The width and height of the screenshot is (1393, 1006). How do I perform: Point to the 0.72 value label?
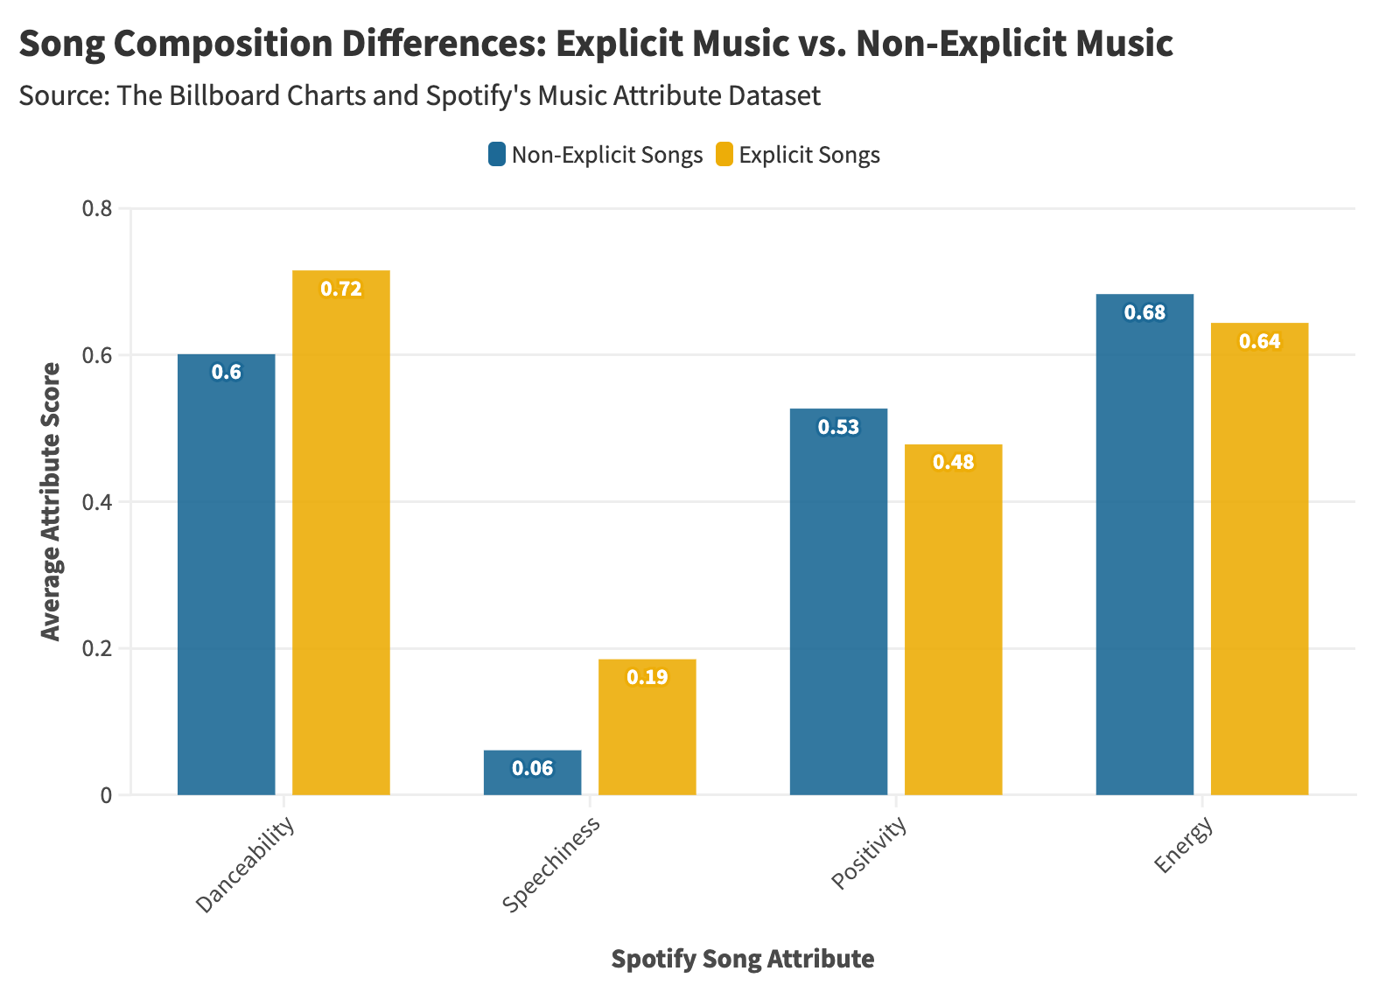340,289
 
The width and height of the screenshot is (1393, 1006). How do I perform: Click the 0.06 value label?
532,768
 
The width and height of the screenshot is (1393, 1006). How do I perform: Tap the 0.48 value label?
953,462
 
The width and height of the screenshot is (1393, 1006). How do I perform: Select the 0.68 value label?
1144,312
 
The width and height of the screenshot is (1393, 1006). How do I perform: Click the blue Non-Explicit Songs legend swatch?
497,155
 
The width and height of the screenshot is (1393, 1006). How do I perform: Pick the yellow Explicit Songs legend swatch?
724,155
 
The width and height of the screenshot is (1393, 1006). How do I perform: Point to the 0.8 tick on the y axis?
97,208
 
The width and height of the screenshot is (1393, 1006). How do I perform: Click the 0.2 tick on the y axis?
97,648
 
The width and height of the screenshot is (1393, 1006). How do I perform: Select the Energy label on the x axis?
1184,845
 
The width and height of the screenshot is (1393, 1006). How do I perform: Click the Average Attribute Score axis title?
52,501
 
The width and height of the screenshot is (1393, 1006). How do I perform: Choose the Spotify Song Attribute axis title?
742,959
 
